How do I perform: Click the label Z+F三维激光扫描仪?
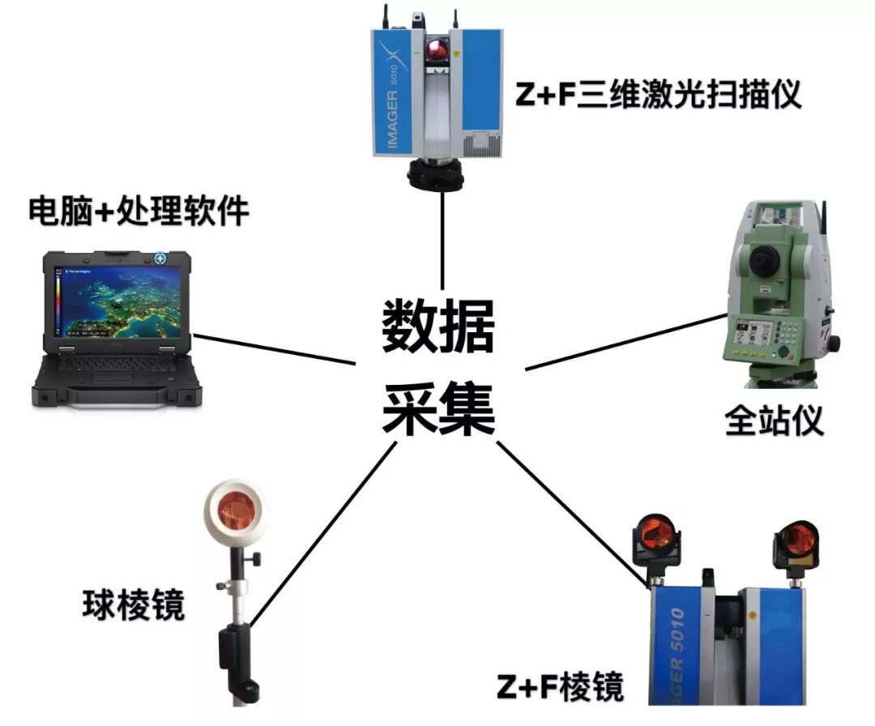[x=658, y=96]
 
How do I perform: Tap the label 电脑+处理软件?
[x=139, y=212]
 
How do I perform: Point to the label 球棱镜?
[x=134, y=604]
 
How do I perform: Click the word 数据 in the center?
[x=438, y=324]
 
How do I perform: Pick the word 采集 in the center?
[x=438, y=409]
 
